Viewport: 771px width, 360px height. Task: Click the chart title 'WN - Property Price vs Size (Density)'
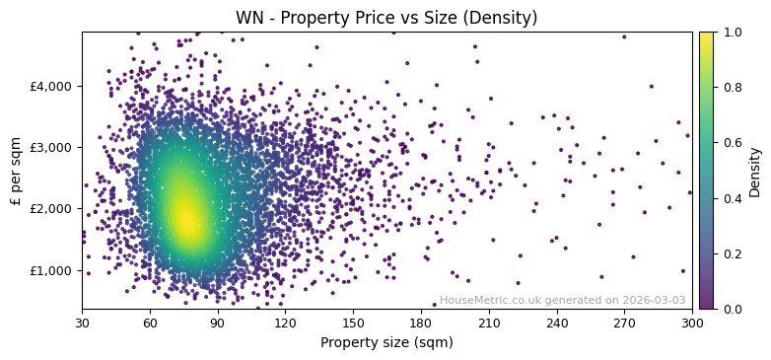386,18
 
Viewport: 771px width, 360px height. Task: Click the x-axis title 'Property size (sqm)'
386,343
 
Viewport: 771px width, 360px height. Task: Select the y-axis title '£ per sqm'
16,171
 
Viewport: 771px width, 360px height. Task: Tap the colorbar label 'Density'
755,171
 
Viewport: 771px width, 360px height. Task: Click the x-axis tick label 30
82,323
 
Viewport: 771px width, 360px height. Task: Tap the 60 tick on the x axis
150,323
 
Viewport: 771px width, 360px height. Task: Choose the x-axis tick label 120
285,323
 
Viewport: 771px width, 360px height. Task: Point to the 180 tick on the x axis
421,323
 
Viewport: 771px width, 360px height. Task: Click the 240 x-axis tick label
556,323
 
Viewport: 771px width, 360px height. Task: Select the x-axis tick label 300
692,323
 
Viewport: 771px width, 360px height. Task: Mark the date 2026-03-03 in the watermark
655,301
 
